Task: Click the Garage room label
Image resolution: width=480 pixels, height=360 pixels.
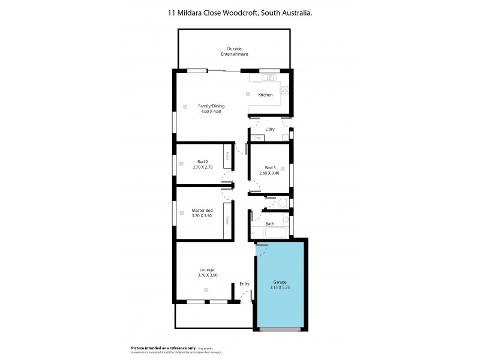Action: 280,282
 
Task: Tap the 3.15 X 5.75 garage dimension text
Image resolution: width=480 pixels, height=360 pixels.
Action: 280,287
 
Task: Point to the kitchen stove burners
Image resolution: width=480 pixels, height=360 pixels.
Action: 285,91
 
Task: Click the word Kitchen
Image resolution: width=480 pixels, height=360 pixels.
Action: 265,95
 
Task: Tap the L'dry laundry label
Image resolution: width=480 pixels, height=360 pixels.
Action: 270,129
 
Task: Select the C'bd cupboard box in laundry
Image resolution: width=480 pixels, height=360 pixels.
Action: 257,139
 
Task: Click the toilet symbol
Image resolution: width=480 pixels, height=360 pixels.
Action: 284,204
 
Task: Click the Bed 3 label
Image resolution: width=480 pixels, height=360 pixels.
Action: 270,167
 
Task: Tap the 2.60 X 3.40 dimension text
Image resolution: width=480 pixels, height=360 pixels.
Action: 270,173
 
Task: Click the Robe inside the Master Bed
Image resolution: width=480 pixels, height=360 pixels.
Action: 228,221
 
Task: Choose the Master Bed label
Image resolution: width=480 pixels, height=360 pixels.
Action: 202,211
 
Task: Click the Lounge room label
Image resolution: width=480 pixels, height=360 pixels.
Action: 206,269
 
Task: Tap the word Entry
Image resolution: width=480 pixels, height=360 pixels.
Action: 244,284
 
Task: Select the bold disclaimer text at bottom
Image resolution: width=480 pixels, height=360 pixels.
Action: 164,348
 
